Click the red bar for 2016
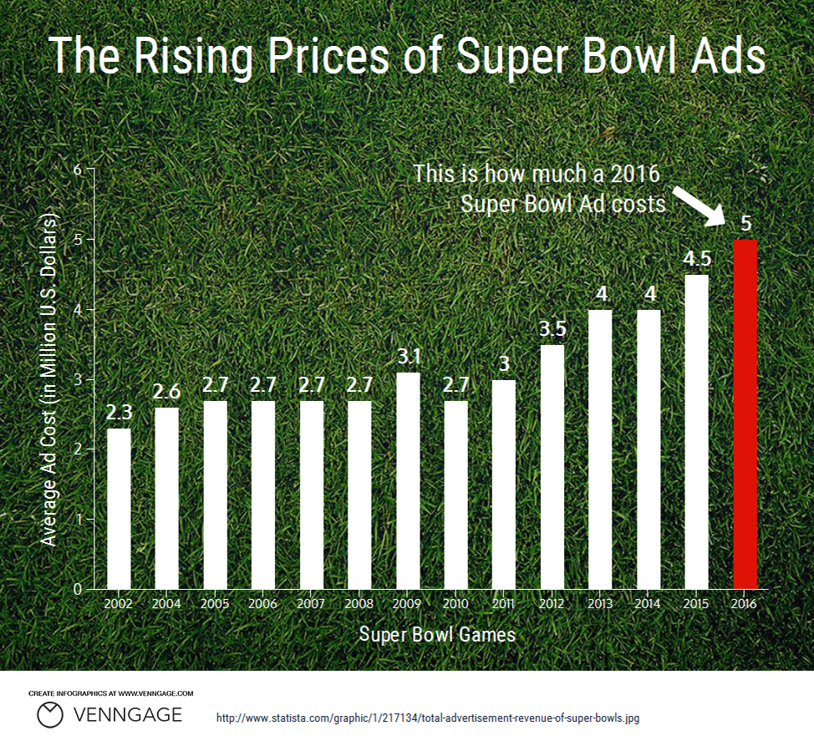(x=745, y=414)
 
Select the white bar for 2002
(x=119, y=509)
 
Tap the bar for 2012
(x=552, y=467)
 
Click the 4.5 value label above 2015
(x=695, y=260)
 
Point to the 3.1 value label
(x=408, y=357)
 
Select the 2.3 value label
(x=119, y=413)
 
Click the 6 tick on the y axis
(x=78, y=170)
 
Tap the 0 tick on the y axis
(x=78, y=589)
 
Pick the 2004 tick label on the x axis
(x=166, y=604)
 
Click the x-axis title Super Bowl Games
(x=437, y=634)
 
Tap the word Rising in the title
(x=193, y=57)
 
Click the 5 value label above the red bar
(x=745, y=224)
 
